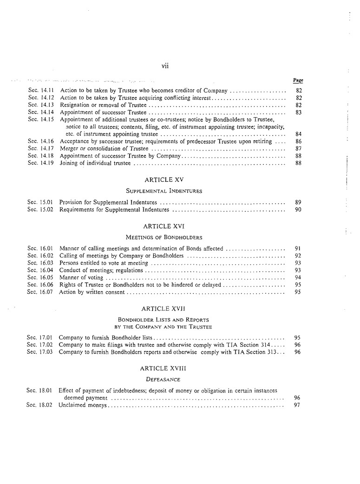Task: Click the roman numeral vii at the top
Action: (x=164, y=66)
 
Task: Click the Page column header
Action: (x=298, y=80)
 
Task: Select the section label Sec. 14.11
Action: (x=41, y=91)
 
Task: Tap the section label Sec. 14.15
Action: (x=41, y=119)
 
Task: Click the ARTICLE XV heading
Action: (x=164, y=179)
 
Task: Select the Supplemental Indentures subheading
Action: (x=164, y=191)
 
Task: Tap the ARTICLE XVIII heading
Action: (x=164, y=368)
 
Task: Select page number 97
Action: (x=297, y=405)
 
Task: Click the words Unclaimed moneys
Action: (x=83, y=405)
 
